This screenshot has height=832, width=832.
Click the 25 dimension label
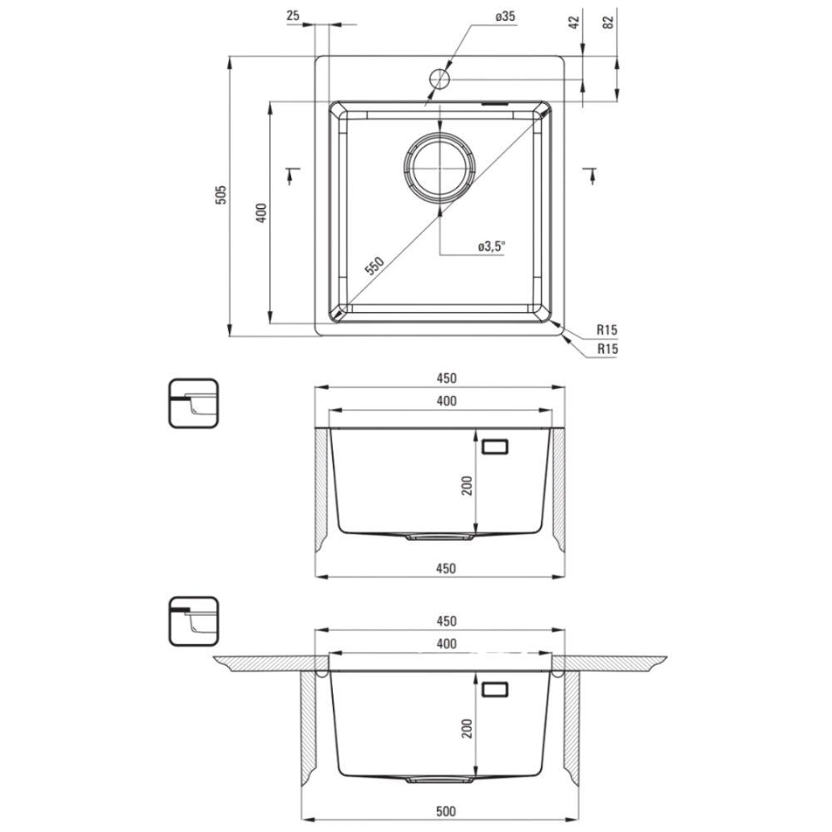click(292, 15)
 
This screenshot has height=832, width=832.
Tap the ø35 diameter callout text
click(505, 17)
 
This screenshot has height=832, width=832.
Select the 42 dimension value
click(574, 22)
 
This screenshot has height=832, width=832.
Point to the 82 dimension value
click(608, 22)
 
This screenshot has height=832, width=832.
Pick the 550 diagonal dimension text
click(374, 265)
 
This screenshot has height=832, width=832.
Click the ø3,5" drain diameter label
click(492, 247)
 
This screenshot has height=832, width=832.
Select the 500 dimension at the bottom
click(446, 811)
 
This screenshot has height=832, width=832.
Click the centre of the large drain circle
click(440, 167)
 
